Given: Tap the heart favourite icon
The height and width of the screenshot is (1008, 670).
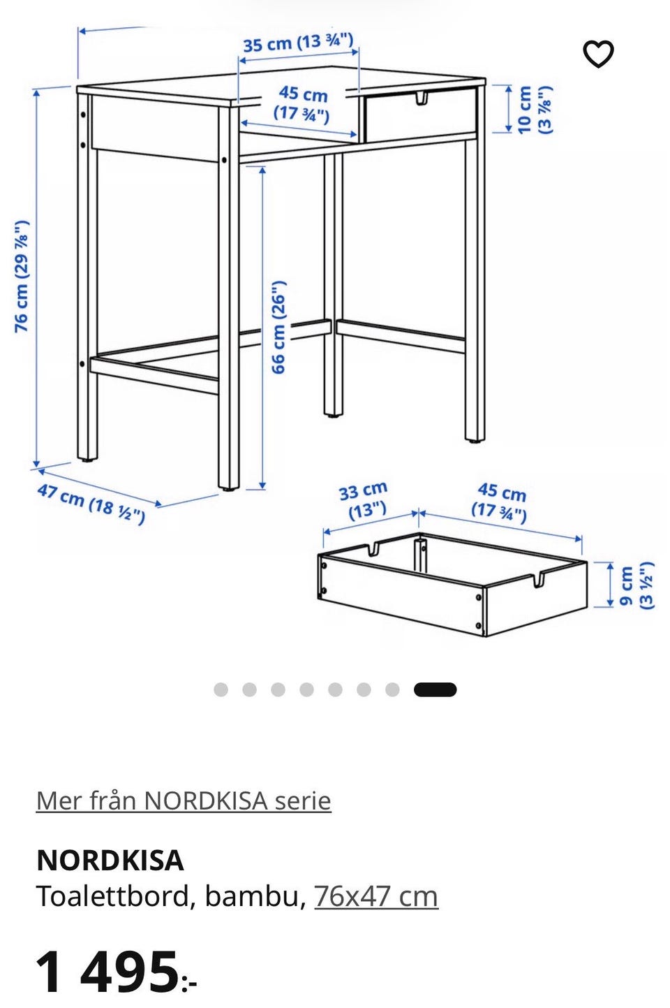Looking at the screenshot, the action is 598,54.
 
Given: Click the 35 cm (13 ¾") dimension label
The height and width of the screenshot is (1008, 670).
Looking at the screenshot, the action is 298,43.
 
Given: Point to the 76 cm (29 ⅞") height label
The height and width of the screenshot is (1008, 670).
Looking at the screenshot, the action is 22,277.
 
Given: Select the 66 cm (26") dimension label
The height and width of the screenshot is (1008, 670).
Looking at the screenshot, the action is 278,327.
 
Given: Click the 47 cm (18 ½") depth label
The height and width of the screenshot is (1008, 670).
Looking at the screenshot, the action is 91,504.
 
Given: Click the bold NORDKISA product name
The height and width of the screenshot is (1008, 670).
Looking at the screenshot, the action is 110,860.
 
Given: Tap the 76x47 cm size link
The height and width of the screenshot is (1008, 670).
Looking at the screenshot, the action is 376,896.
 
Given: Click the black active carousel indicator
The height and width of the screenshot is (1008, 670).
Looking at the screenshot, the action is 435,690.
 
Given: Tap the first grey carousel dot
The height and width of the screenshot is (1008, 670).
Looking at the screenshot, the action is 221,689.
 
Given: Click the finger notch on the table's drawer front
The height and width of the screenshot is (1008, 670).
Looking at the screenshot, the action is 421,98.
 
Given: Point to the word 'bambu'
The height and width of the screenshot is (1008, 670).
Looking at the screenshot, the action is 252,896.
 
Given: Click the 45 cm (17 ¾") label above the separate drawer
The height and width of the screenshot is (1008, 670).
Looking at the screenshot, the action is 500,503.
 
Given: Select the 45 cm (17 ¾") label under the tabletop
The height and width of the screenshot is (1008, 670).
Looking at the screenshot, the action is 301,104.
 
